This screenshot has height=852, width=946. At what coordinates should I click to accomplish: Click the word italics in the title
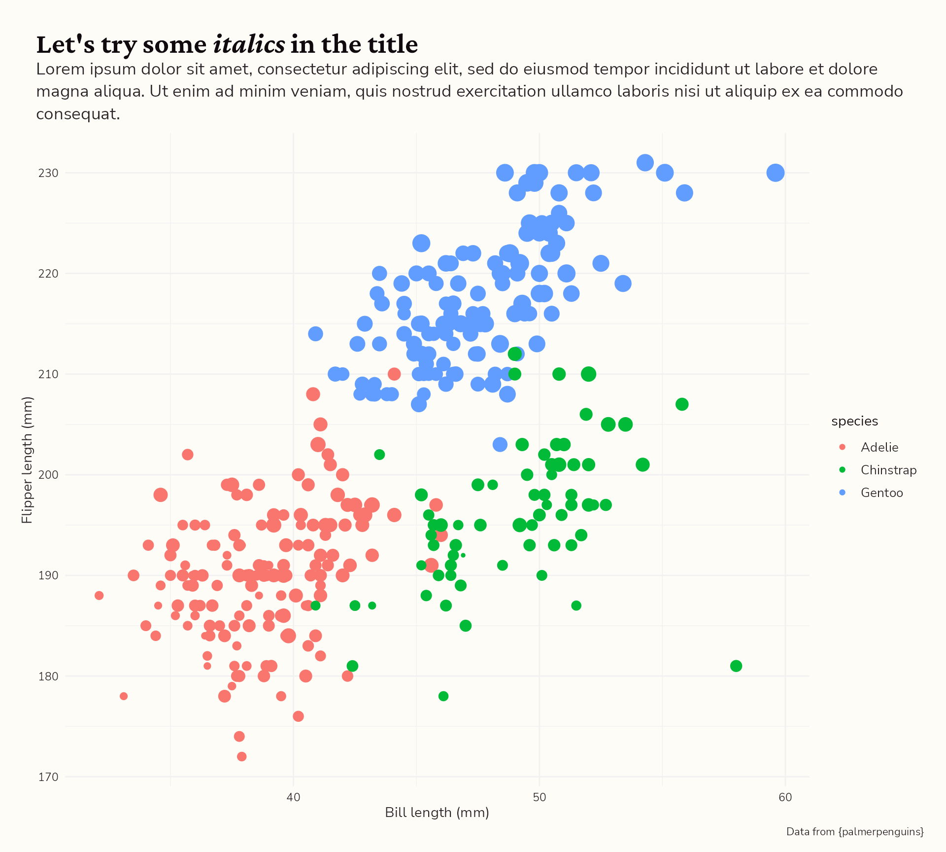click(x=249, y=44)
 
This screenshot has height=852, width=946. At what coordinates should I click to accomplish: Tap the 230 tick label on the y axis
click(x=48, y=173)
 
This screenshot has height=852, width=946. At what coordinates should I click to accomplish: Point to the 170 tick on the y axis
click(x=48, y=777)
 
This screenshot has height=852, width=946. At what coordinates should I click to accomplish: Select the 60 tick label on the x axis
click(x=785, y=797)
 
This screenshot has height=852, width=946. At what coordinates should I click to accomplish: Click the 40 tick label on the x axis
click(x=293, y=797)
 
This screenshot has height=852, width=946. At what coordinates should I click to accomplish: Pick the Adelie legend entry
click(x=879, y=447)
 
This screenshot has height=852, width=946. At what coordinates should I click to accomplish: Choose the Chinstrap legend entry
click(x=888, y=470)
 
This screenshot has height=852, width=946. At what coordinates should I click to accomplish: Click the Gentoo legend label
click(x=881, y=493)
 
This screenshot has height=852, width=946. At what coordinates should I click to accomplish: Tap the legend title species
click(x=854, y=421)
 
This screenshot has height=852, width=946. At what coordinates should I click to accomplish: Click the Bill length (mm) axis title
click(x=437, y=813)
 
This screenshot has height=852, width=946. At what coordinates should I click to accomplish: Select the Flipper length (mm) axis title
click(x=27, y=460)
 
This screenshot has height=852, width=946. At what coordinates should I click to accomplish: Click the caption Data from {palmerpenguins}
click(x=855, y=832)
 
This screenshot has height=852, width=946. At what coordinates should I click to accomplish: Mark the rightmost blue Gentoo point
click(x=775, y=173)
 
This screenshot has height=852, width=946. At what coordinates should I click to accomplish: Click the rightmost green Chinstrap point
click(x=736, y=666)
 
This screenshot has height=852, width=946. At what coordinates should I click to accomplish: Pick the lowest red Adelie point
click(x=241, y=756)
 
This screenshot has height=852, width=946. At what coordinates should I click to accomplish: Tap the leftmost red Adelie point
click(x=99, y=596)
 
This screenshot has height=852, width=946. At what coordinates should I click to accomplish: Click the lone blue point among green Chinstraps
click(x=500, y=444)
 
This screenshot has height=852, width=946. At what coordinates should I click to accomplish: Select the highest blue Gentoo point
click(x=645, y=163)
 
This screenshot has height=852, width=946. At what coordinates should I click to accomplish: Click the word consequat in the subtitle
click(x=78, y=114)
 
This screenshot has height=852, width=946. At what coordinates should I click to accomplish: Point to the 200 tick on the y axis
click(x=48, y=475)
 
